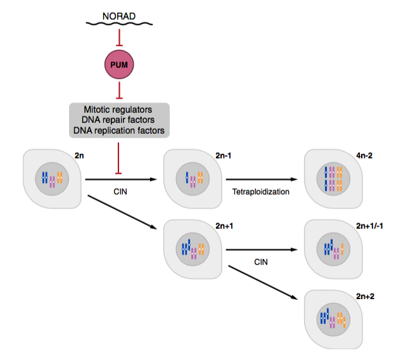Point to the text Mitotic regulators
119,110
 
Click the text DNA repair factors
119,120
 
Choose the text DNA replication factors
119,131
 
